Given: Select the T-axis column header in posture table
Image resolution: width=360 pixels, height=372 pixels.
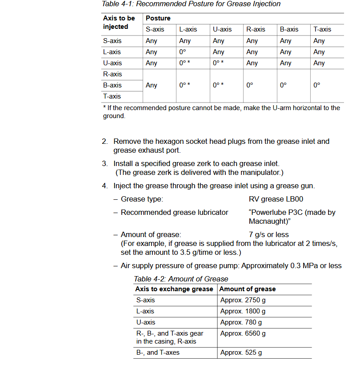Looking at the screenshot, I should coord(322,29).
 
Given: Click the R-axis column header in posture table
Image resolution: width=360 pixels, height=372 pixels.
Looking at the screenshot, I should coord(256,29).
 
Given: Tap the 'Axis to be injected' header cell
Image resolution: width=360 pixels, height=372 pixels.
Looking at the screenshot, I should coord(119,23).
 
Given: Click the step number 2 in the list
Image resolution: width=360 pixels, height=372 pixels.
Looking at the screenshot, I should coord(104,142).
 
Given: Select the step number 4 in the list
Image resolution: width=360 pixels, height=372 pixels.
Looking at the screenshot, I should coord(104,186).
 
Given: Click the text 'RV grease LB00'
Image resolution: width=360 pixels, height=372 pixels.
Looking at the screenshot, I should coord(276,199).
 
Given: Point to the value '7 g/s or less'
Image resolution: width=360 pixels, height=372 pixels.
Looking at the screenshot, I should coord(268,234).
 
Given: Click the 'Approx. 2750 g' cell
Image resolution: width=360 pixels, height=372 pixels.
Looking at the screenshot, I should coord(243,300).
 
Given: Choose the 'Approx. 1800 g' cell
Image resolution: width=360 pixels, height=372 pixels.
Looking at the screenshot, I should coord(243,311).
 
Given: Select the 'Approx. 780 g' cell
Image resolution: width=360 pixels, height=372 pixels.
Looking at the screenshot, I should coord(241,322).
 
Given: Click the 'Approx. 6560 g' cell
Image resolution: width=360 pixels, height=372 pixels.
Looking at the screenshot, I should coord(243,333).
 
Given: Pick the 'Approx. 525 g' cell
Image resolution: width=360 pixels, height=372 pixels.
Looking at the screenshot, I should coord(241,353).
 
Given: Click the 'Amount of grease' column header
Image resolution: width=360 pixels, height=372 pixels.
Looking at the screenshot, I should coord(248,289).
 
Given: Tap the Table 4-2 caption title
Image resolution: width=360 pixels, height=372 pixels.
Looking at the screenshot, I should coord(181,279).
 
